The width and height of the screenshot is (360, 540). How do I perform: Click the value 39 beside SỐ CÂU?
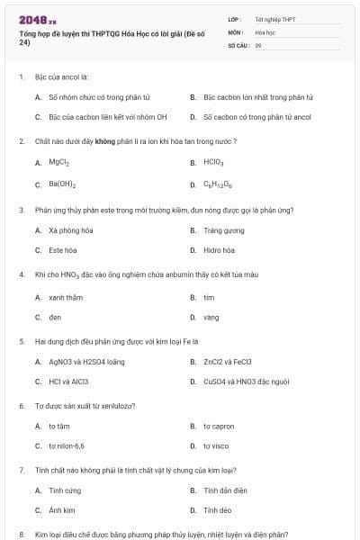(x=258, y=44)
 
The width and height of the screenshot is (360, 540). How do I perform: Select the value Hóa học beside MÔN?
(x=264, y=31)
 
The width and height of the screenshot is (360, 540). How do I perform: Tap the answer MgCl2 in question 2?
(x=59, y=163)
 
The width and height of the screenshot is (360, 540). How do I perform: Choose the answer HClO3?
(x=213, y=163)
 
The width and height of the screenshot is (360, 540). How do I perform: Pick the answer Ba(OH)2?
(x=62, y=184)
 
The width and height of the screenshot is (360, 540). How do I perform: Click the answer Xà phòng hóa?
(x=71, y=229)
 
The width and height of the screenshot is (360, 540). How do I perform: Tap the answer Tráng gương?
(x=222, y=229)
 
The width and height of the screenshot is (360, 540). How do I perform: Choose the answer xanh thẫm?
(x=66, y=296)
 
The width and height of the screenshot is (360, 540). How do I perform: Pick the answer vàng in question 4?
(x=211, y=318)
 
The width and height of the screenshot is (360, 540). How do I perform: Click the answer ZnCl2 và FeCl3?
(x=228, y=362)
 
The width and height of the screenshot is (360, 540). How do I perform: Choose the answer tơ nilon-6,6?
(x=67, y=445)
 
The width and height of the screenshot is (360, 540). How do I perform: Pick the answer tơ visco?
(x=216, y=445)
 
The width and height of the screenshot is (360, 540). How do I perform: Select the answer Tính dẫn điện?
(x=225, y=490)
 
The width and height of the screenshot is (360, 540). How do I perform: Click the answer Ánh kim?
(x=61, y=510)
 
